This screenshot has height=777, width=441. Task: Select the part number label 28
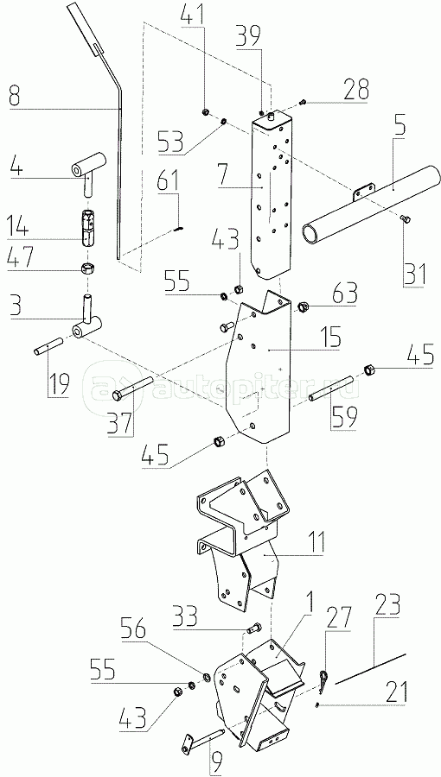[x=356, y=89]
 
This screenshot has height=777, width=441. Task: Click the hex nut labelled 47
[x=88, y=269]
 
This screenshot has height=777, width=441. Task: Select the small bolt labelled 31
[x=405, y=218]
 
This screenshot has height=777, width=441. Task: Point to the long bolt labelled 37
[x=134, y=388]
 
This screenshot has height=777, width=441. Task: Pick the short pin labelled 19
[x=48, y=345]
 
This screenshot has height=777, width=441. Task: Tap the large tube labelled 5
[x=371, y=203]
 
